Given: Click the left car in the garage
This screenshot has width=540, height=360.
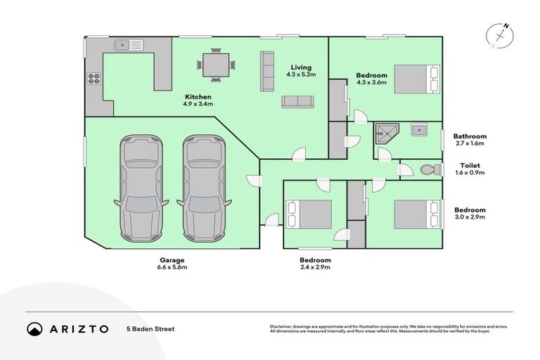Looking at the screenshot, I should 142,187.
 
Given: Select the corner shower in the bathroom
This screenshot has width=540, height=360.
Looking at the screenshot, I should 385,132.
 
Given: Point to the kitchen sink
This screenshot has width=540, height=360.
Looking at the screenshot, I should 128,46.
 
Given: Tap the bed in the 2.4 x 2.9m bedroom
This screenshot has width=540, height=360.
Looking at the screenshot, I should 309,214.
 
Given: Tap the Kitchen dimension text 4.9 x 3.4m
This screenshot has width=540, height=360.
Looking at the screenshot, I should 198,103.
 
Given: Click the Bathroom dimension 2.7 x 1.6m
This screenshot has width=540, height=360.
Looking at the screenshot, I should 470,143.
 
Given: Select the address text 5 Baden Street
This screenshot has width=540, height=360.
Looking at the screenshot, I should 150,328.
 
